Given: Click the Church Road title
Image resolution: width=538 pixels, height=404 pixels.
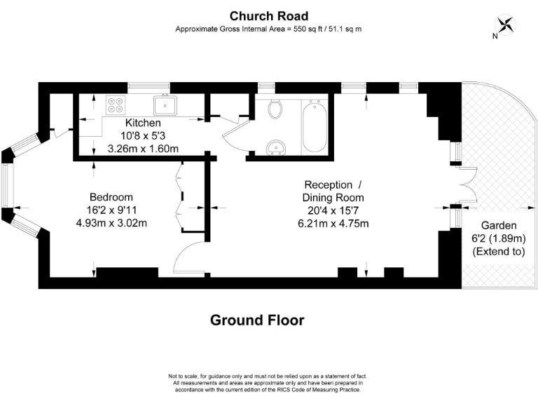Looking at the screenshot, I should [x=268, y=16].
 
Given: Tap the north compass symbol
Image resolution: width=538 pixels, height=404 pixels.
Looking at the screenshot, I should [x=507, y=25].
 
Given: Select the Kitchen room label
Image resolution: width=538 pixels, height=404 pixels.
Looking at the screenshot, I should [x=143, y=123].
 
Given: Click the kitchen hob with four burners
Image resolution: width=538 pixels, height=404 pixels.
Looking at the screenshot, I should [x=116, y=105].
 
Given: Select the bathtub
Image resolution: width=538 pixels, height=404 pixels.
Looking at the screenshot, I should [x=313, y=126].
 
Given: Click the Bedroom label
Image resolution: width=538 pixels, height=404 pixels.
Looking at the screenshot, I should [x=111, y=197].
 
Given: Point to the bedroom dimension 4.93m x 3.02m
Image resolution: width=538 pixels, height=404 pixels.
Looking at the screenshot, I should [x=111, y=223].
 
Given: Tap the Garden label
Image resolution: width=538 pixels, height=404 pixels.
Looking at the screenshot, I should [x=498, y=226].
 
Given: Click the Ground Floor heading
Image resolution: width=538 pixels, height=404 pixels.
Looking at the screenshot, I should [x=257, y=321].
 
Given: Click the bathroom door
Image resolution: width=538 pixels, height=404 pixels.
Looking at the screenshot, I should [x=234, y=130].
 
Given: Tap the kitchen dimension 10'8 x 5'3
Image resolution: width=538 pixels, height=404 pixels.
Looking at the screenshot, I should [x=143, y=136].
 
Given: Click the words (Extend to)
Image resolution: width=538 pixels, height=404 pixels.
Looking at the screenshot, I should [x=498, y=251].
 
